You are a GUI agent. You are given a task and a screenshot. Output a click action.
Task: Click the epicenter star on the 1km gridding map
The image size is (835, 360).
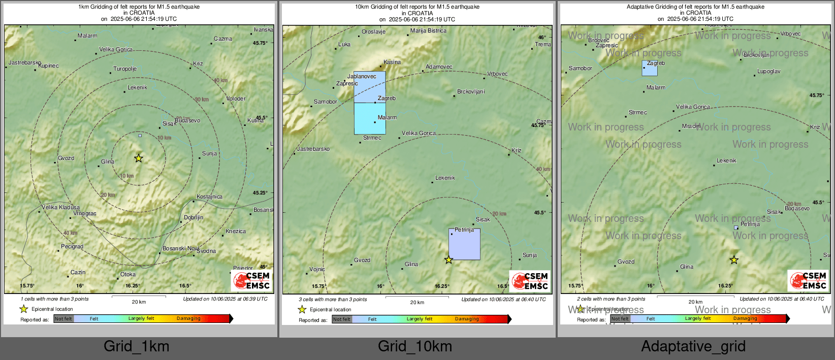[139, 158]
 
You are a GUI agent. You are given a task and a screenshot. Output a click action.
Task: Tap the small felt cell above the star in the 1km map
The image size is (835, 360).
[140, 136]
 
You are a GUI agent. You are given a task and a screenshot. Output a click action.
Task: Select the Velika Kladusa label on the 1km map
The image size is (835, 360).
[60, 207]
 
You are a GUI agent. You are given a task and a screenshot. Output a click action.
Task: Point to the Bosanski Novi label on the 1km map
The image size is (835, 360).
[180, 248]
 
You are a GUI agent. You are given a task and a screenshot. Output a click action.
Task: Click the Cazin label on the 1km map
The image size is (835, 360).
[78, 273]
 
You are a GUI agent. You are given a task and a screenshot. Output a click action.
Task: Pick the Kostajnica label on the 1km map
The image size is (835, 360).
[209, 197]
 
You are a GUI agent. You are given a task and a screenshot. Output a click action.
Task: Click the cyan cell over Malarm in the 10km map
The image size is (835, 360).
[370, 119]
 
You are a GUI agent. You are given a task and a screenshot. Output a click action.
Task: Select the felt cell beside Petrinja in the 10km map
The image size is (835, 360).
[464, 244]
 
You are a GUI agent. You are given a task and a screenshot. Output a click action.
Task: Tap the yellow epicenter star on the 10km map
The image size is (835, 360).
[448, 260]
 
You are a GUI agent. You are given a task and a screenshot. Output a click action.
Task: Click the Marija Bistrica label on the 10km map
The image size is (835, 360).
[428, 31]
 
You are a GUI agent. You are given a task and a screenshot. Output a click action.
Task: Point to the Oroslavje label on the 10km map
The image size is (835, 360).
[373, 31]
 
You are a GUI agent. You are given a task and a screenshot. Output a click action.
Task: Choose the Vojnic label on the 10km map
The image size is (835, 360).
[317, 269]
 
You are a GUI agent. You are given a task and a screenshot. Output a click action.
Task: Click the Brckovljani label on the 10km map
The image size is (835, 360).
[471, 92]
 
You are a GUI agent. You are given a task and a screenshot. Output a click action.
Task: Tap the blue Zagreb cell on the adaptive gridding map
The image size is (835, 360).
[650, 68]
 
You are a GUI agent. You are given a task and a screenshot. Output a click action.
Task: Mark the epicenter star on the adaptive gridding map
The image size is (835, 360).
[734, 260]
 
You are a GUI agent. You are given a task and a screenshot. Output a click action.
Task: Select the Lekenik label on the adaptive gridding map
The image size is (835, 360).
[726, 160]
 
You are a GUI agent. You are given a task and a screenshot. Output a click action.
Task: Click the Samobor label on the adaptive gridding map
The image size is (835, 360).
[580, 68]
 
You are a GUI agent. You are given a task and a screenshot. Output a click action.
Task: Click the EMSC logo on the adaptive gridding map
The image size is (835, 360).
[808, 280]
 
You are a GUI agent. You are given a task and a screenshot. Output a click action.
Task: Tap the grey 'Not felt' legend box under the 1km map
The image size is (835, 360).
[63, 319]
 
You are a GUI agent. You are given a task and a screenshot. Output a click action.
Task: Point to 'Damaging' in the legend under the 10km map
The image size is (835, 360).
[467, 319]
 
